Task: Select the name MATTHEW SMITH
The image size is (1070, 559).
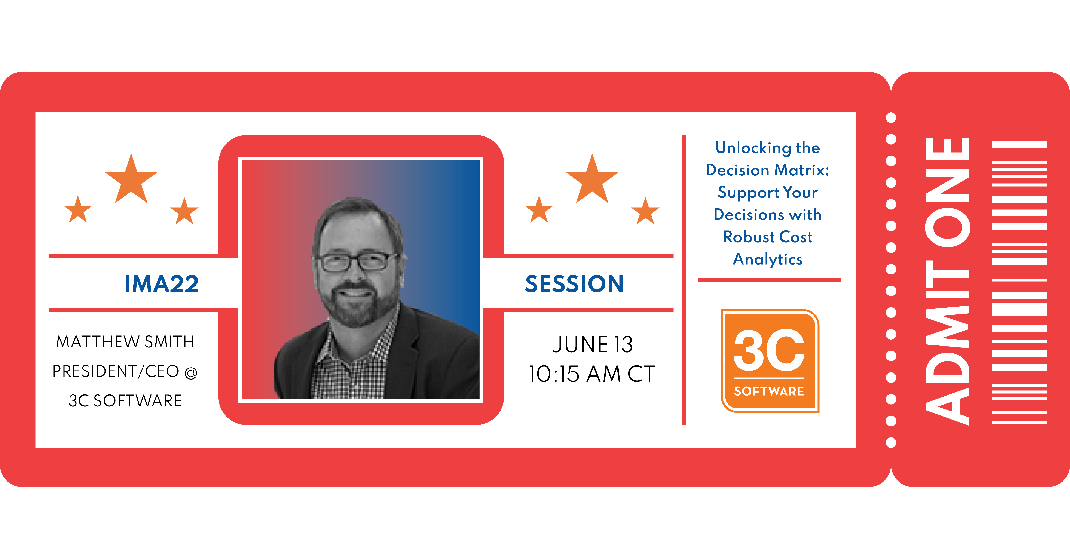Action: (125, 342)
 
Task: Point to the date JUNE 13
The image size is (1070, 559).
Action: (592, 344)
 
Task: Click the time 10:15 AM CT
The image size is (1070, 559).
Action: (592, 374)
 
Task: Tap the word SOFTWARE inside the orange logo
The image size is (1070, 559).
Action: (769, 391)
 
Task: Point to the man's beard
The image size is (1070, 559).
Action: (360, 305)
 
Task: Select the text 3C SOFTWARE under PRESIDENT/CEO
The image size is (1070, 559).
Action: (125, 401)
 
